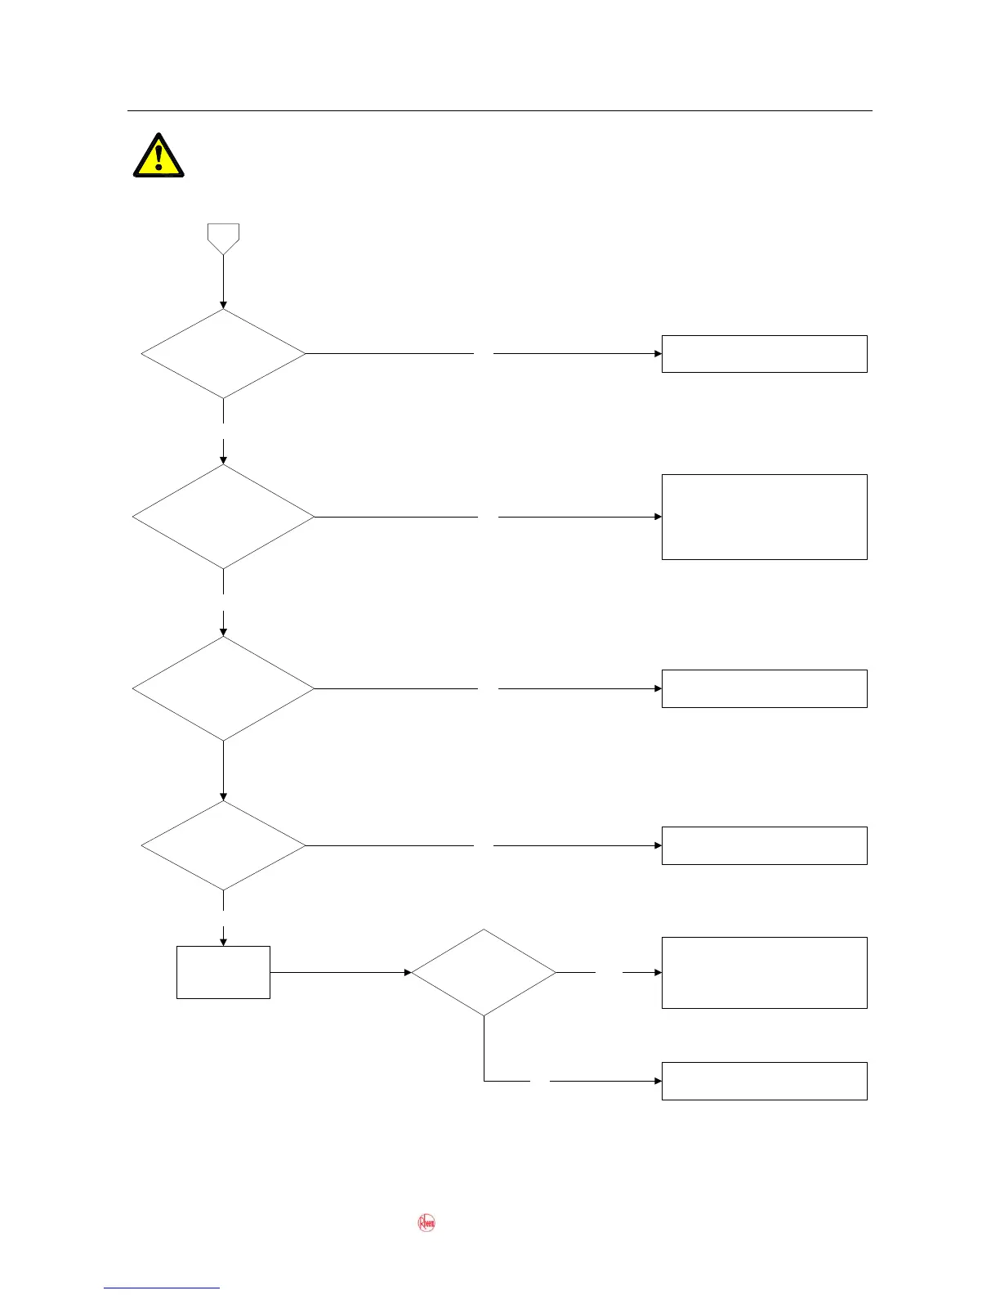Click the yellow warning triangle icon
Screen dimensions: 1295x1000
click(158, 156)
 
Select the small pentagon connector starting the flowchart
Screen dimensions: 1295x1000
click(223, 238)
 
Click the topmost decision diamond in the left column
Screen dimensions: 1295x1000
click(223, 354)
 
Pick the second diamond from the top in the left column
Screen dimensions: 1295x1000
click(223, 517)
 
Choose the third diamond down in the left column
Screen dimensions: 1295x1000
click(223, 688)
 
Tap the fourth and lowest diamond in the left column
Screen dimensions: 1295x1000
click(223, 845)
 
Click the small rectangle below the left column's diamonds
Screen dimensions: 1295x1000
click(223, 972)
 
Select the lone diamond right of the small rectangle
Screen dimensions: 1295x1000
click(484, 973)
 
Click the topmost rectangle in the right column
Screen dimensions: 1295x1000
click(764, 354)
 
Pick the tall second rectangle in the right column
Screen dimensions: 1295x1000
click(764, 517)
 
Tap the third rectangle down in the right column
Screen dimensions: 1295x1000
click(764, 688)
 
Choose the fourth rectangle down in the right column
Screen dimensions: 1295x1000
click(764, 845)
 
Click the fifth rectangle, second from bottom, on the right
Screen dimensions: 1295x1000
click(764, 973)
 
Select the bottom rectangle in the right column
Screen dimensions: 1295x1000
click(764, 1081)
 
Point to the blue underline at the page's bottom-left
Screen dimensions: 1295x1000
click(162, 1288)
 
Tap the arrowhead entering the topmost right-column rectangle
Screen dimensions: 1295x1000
click(658, 354)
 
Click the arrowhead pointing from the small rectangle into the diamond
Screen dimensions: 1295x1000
click(407, 973)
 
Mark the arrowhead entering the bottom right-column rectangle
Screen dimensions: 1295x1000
click(658, 1081)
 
